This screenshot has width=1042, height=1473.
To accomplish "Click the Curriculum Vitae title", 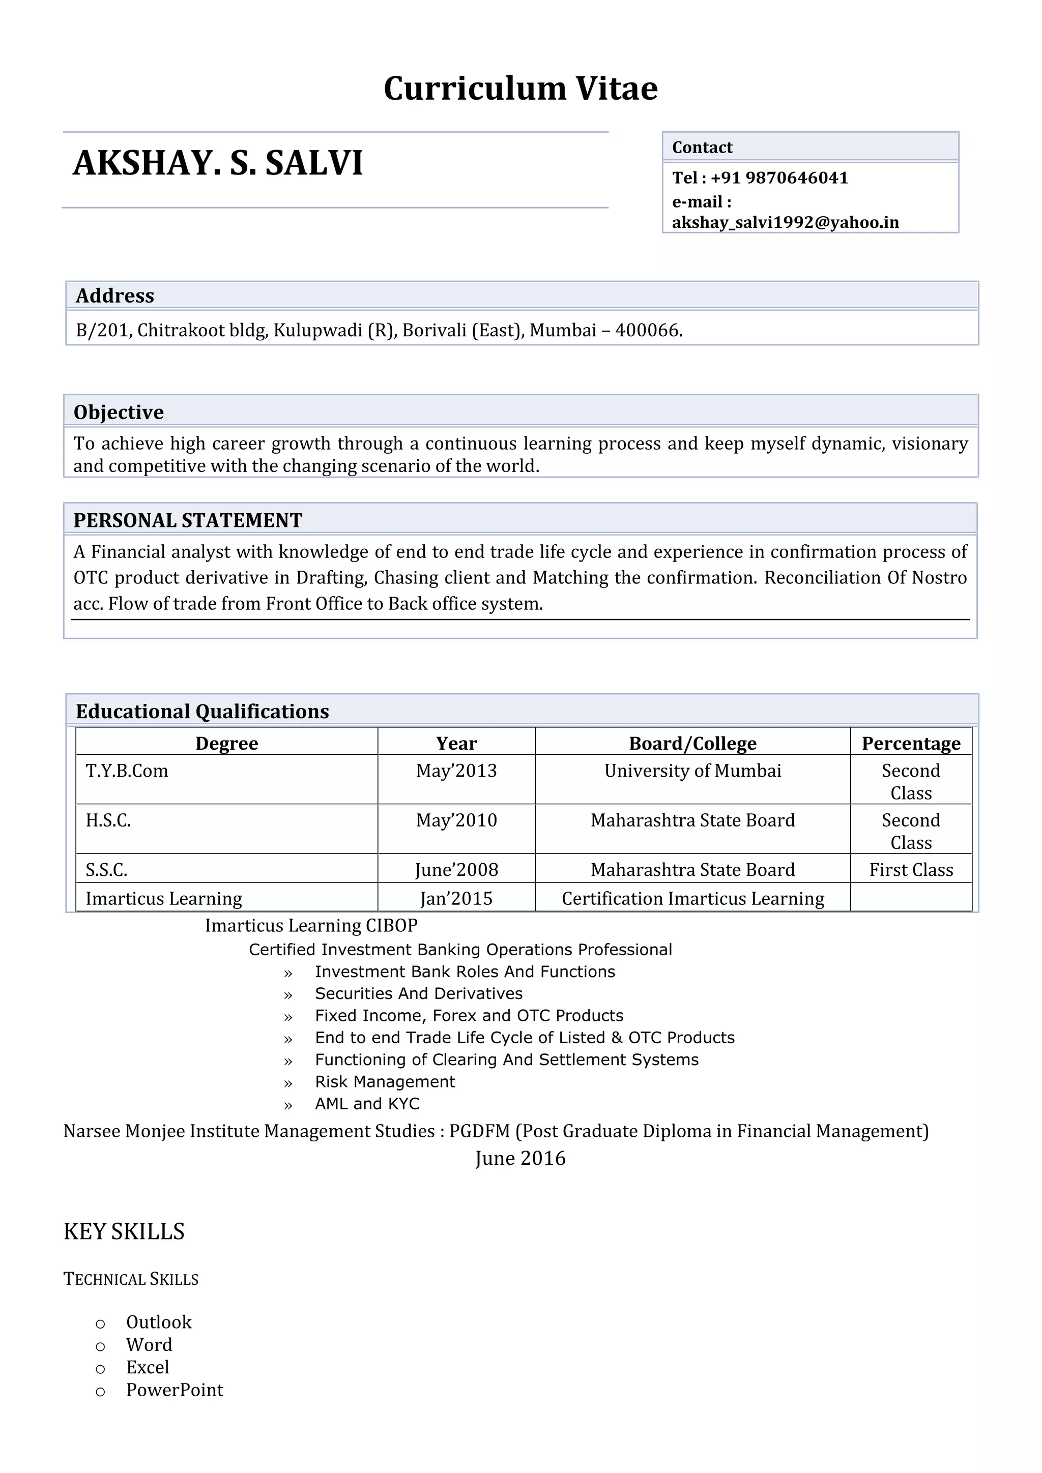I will coord(520,89).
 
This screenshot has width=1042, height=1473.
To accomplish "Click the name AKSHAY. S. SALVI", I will coord(218,163).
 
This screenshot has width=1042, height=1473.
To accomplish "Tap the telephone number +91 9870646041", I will coord(779,178).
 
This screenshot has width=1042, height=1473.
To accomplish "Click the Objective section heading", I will coord(119,412).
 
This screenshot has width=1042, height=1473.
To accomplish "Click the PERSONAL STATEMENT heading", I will coord(187,520).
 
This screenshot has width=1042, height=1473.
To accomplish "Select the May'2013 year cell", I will coord(456,771).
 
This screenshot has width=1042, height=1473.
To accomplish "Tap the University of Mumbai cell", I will coord(692,771).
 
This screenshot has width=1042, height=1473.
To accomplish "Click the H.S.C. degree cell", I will coord(108,820).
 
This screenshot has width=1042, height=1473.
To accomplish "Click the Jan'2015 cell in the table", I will coord(456,898).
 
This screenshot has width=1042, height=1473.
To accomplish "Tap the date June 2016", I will coord(520,1158).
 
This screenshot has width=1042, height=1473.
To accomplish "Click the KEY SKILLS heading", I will coord(124,1232).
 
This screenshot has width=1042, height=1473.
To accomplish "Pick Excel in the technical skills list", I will coord(148,1367).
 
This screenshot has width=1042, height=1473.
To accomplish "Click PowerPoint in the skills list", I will coord(175,1390).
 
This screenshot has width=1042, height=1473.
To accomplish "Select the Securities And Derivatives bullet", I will coord(418,994).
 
